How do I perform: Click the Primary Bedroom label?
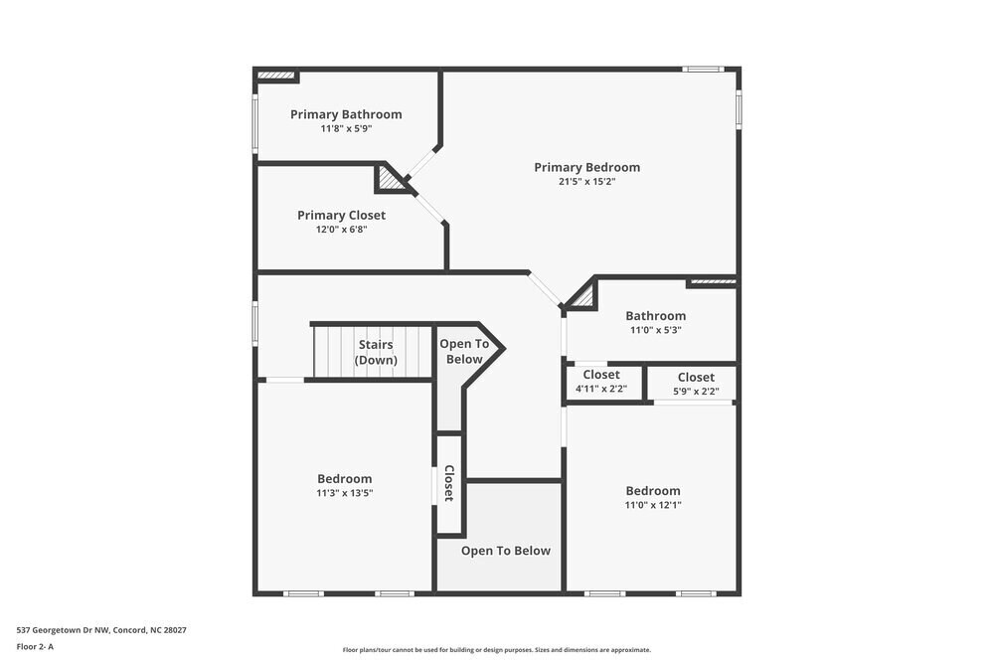click(x=586, y=167)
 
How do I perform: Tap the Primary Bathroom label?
click(x=346, y=114)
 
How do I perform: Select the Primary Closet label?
click(x=341, y=215)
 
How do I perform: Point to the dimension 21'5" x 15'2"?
click(x=586, y=182)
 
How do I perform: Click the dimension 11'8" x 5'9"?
click(x=346, y=129)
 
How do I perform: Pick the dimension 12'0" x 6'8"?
click(x=341, y=230)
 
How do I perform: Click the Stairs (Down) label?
click(x=376, y=352)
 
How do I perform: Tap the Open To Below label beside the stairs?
click(x=464, y=351)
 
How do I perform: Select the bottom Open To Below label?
click(x=505, y=551)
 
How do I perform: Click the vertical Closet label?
click(x=449, y=483)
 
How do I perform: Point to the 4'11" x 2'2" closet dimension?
click(x=601, y=389)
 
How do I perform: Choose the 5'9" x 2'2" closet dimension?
click(x=696, y=392)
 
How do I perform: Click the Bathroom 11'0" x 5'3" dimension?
click(x=655, y=330)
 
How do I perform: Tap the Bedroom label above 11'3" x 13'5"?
click(x=344, y=478)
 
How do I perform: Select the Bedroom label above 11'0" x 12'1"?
click(x=653, y=490)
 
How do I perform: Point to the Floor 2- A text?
click(x=35, y=646)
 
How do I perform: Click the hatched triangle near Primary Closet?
click(x=389, y=180)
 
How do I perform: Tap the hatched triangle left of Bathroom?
click(x=582, y=295)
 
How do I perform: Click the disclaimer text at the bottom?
click(x=496, y=650)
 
